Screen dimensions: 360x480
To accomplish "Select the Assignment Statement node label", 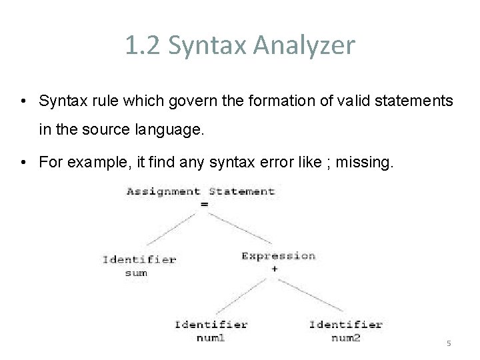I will [x=200, y=191].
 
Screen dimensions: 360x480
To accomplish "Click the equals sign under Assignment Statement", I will [x=204, y=204].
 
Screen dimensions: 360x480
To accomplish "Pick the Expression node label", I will [x=278, y=256].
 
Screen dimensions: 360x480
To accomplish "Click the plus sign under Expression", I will [x=275, y=269].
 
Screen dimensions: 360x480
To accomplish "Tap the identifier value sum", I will [x=136, y=273].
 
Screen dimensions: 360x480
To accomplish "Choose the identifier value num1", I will [x=210, y=338].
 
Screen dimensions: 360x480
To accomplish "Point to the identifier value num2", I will [x=345, y=338].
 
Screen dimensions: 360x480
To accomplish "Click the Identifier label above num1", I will [x=211, y=325].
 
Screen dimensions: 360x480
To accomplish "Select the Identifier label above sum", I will [x=139, y=259].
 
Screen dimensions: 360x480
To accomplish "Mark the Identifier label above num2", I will [x=345, y=325].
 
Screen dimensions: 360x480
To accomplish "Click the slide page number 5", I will [x=448, y=343].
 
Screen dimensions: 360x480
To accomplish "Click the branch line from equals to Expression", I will [x=241, y=230].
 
